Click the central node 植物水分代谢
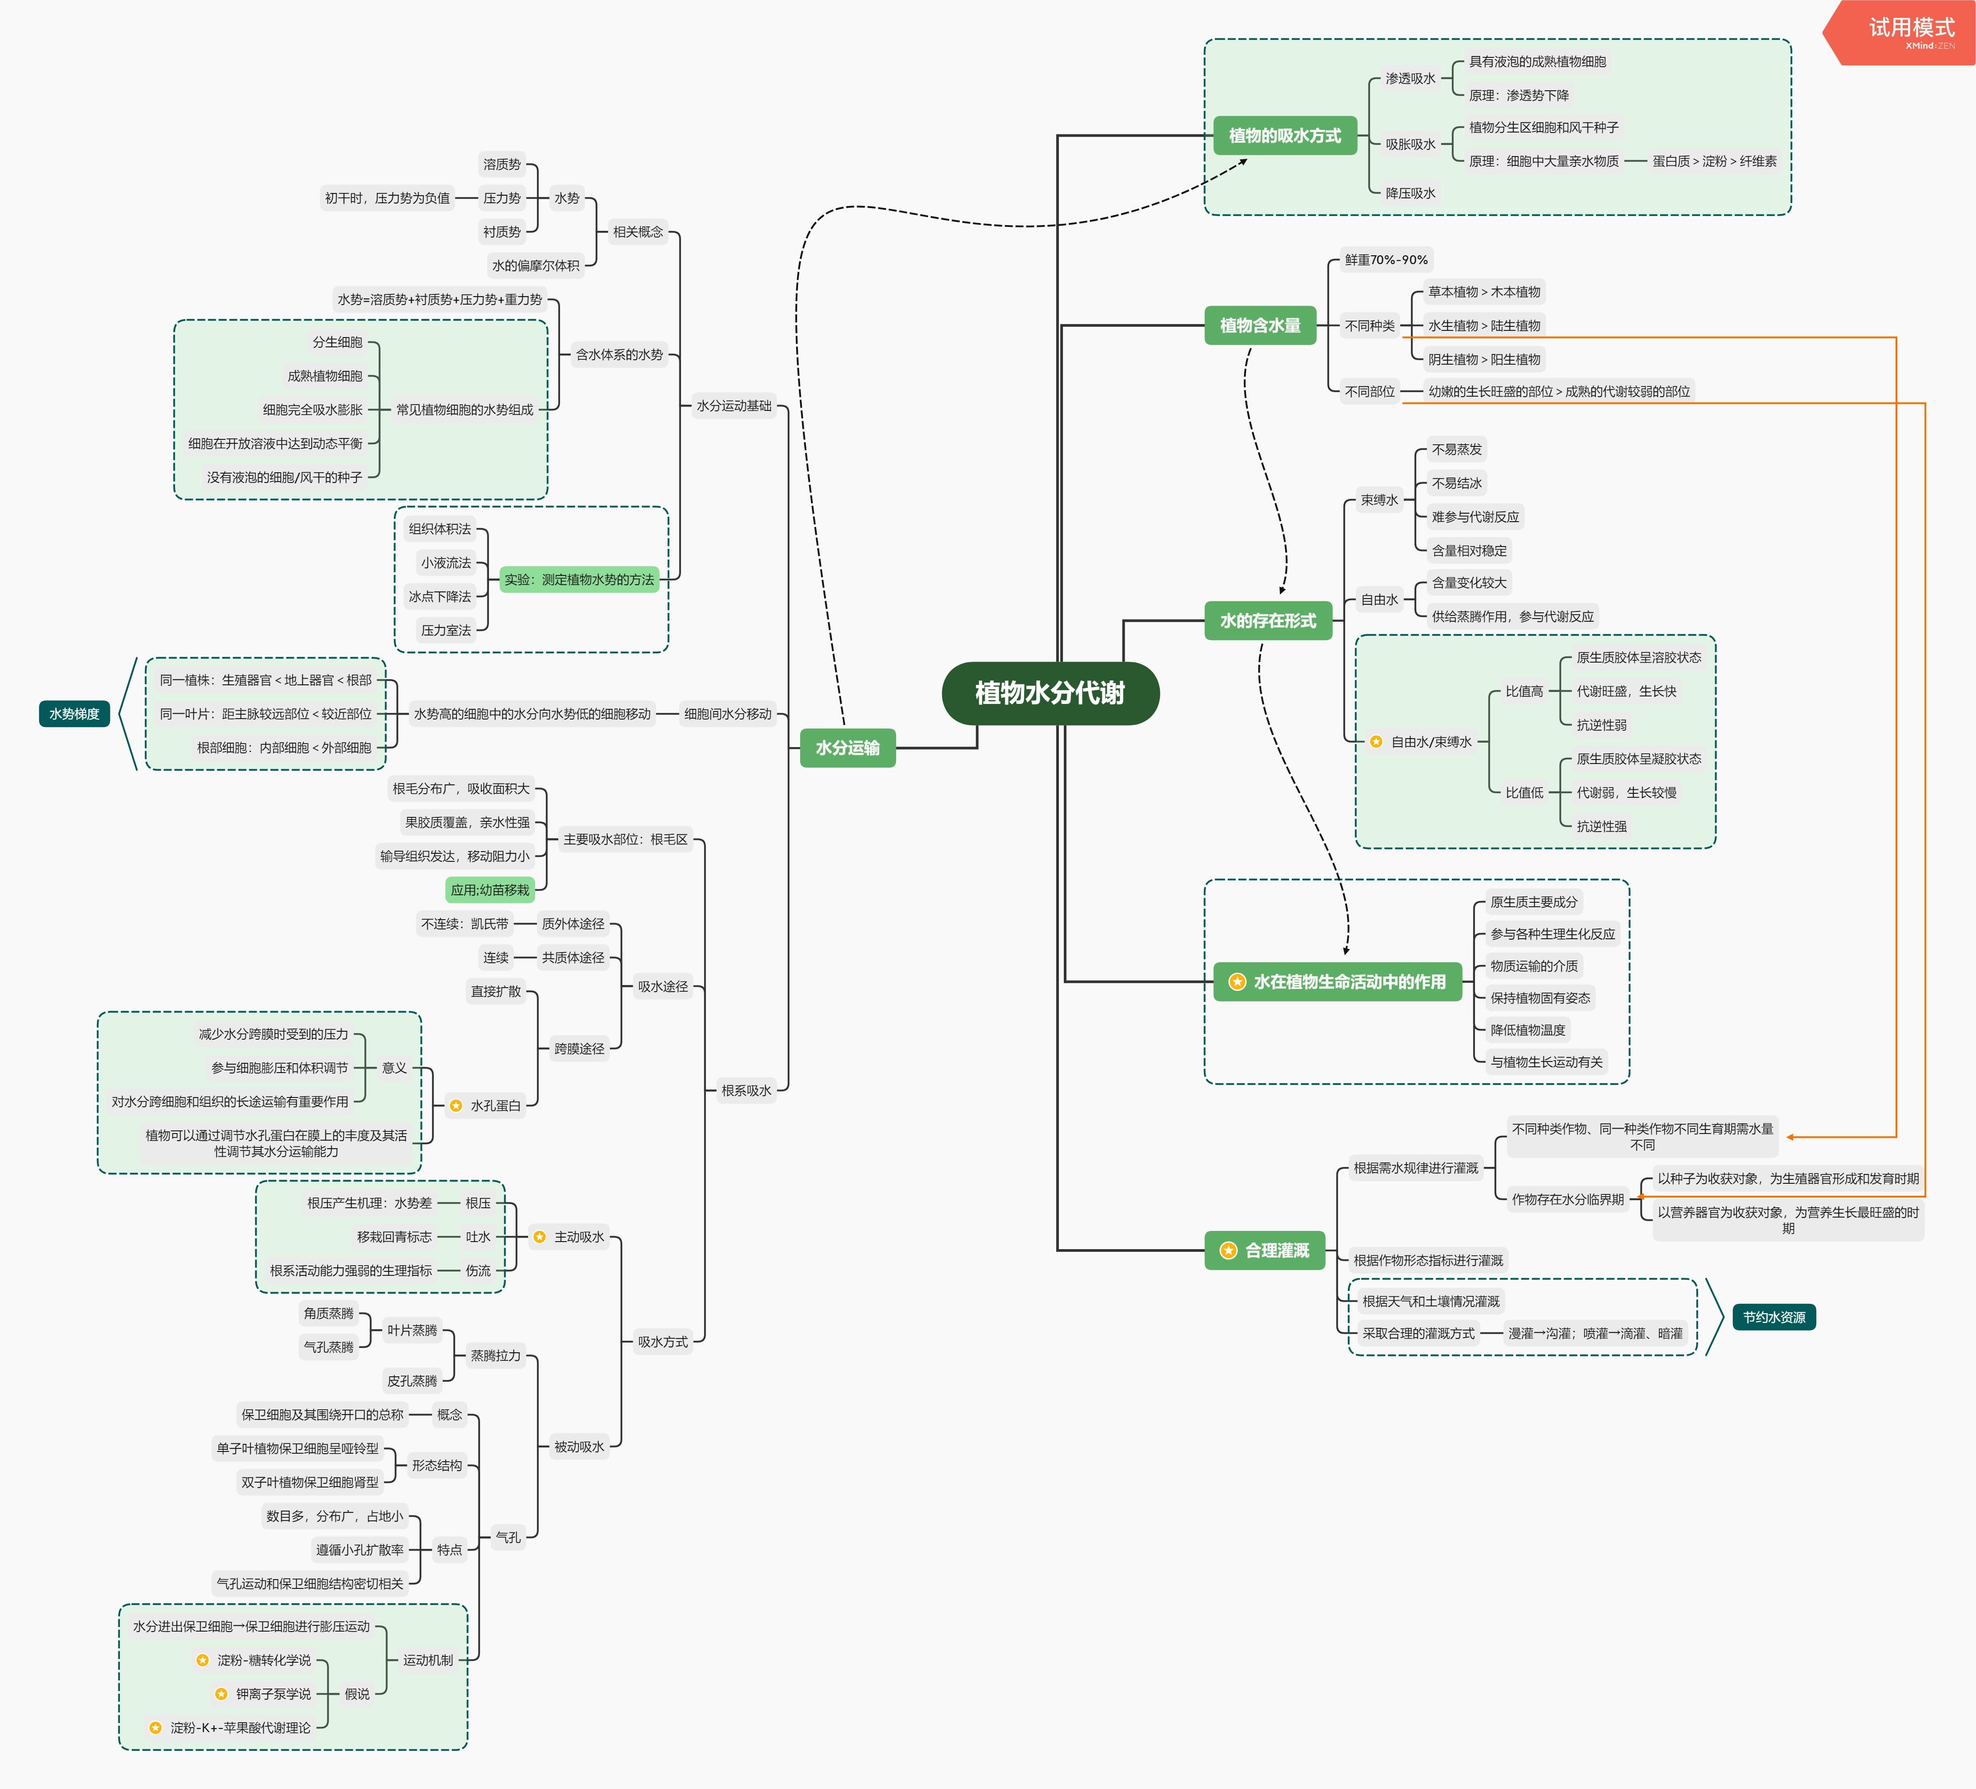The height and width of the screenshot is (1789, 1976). point(1050,693)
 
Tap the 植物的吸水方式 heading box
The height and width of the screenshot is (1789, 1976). point(1284,135)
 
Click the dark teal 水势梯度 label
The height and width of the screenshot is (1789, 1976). point(75,714)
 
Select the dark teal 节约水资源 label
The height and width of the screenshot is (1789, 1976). point(1774,1318)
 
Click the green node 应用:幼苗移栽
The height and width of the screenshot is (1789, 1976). point(490,890)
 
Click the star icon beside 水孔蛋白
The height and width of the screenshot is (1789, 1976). point(456,1106)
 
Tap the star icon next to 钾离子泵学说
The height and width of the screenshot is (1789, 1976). point(221,1694)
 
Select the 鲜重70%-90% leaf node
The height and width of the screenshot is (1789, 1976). point(1386,260)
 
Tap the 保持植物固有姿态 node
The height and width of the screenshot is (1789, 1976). point(1540,998)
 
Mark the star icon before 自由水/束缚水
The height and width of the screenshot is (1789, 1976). point(1376,742)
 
